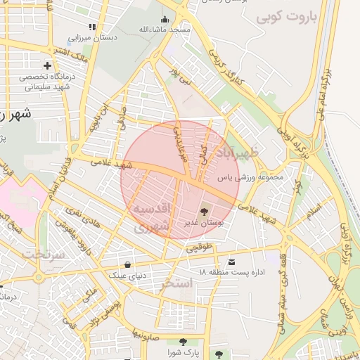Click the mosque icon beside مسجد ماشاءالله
tap(165, 19)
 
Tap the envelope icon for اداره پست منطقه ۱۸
tap(232, 262)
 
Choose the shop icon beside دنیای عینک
tap(127, 265)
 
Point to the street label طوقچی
tap(198, 248)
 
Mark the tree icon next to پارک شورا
tap(221, 352)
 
